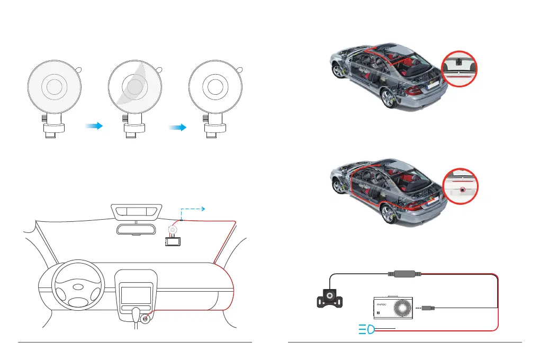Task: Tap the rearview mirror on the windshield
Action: click(137, 229)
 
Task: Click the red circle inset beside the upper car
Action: click(460, 69)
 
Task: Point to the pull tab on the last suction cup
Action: click(240, 69)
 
